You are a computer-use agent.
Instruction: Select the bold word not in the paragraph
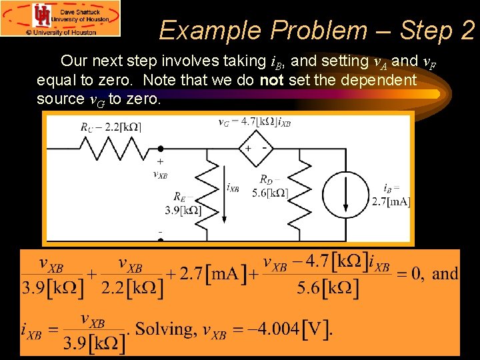tap(271, 81)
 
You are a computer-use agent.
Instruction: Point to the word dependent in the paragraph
tap(377, 81)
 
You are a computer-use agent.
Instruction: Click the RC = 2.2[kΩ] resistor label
tap(110, 127)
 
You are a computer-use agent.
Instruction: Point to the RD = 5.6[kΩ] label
tap(271, 187)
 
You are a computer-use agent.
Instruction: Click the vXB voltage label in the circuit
tap(160, 175)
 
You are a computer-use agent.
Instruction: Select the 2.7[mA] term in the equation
tap(207, 273)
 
